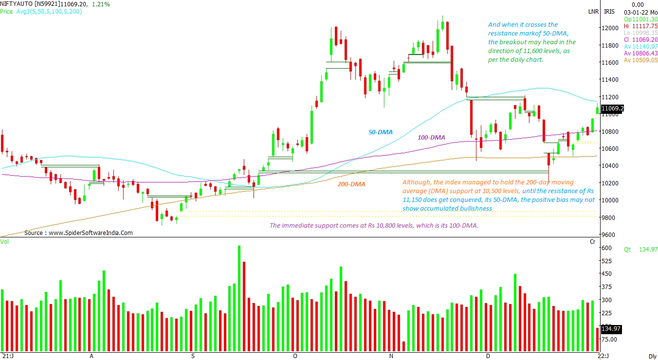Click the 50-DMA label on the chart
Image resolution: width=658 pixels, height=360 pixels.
[x=381, y=132]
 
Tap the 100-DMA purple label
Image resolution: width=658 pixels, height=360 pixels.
[x=431, y=138]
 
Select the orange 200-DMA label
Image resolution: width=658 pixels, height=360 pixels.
[x=351, y=184]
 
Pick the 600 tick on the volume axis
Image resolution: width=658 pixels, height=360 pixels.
[x=606, y=248]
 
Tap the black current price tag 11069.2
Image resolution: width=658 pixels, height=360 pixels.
[x=612, y=108]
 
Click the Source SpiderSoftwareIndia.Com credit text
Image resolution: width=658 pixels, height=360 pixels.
[x=78, y=233]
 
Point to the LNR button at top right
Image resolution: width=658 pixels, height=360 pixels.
[x=593, y=11]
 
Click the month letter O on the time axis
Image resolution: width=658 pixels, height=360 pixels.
[x=294, y=356]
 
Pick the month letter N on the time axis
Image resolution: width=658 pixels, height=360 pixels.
[x=391, y=356]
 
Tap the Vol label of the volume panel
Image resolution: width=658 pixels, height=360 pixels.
[x=4, y=241]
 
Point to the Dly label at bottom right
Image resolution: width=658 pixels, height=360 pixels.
[x=652, y=356]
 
